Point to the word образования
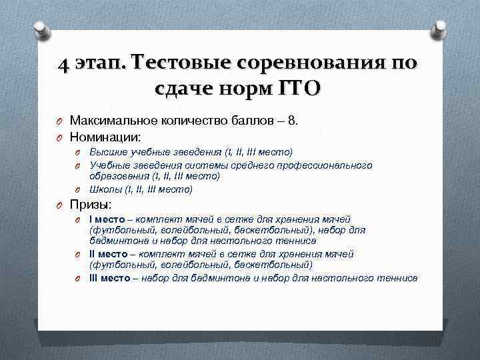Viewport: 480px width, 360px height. point(119,177)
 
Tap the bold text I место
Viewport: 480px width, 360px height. point(110,219)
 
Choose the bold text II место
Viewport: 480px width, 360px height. point(112,253)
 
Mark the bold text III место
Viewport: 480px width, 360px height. point(113,277)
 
